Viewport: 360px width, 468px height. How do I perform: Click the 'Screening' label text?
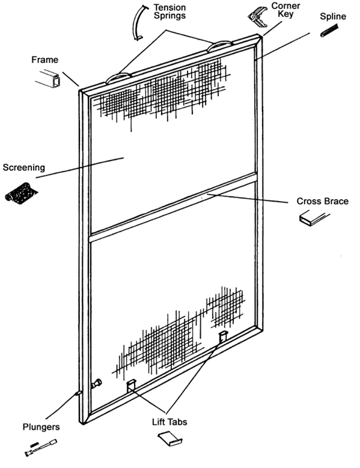[x=23, y=167]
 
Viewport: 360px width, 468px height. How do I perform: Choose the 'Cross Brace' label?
[x=322, y=201]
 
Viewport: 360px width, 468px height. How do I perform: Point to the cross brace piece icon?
[x=315, y=220]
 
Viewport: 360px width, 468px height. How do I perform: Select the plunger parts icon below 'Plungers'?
[x=41, y=446]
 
